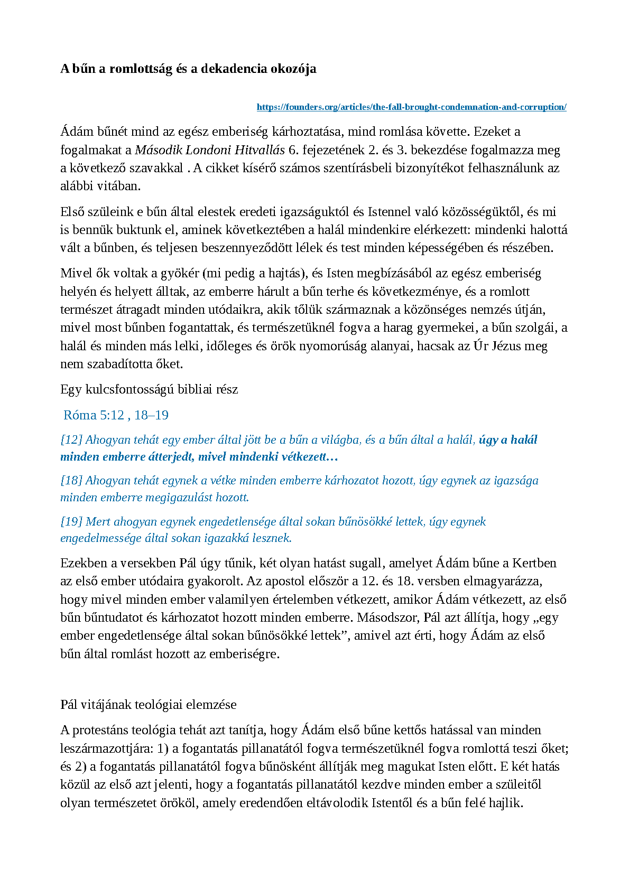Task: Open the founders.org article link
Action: coord(411,107)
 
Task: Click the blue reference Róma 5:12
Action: coord(94,415)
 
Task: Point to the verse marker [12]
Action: coord(71,440)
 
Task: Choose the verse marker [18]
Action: coord(71,481)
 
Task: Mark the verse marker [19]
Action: coord(71,522)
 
